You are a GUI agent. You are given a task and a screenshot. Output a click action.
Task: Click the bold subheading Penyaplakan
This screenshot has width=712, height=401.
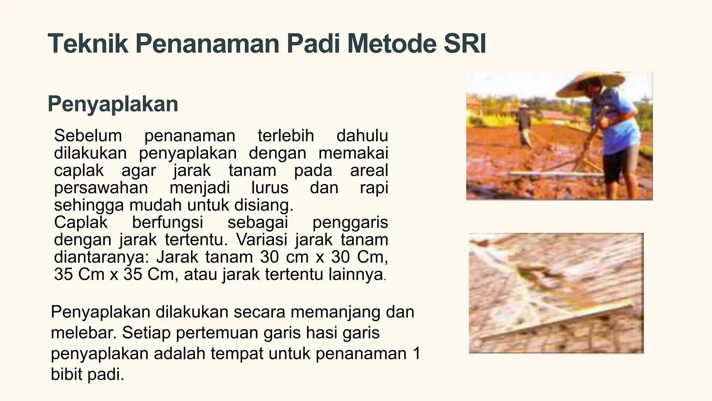(x=113, y=104)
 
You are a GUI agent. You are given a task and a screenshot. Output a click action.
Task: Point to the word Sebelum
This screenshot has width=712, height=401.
(x=88, y=135)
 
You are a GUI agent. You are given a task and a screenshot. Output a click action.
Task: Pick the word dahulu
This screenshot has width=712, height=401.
(x=362, y=135)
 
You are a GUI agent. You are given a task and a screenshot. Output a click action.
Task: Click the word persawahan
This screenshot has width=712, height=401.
(x=101, y=188)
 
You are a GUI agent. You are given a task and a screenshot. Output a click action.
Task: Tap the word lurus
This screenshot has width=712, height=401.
(x=269, y=188)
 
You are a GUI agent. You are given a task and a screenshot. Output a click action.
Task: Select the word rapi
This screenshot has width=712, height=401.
(x=374, y=188)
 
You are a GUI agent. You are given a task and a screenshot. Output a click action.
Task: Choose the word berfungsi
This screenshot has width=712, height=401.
(x=168, y=222)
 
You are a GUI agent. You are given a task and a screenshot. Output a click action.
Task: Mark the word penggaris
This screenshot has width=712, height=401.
(x=350, y=222)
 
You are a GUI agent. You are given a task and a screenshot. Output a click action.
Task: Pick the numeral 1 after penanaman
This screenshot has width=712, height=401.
(x=416, y=354)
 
